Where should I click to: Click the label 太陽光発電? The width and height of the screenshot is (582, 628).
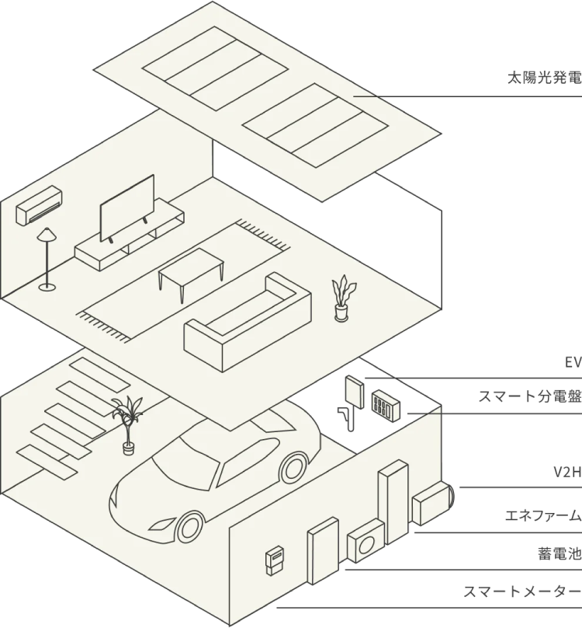click(542, 78)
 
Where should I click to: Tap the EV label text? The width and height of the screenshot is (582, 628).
click(572, 362)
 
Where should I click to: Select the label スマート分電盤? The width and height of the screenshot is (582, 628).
click(529, 398)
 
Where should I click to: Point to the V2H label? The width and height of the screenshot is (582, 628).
click(566, 473)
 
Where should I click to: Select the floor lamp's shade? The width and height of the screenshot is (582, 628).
click(47, 235)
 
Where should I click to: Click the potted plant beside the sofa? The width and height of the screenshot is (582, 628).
click(341, 299)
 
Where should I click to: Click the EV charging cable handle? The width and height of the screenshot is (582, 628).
click(345, 417)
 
